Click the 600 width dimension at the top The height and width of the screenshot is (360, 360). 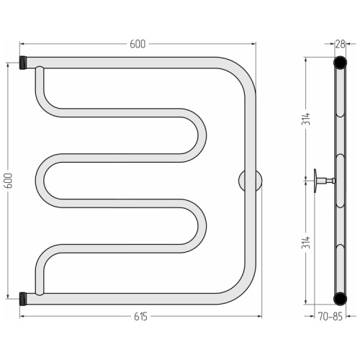[x=138, y=44]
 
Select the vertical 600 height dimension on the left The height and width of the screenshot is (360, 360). [x=9, y=181]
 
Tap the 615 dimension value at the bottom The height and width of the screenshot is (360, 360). [x=140, y=317]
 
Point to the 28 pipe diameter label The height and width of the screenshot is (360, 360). [x=340, y=44]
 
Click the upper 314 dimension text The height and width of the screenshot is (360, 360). [x=306, y=119]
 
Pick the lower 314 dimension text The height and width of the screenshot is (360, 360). [x=306, y=243]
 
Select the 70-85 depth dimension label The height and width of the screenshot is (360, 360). [x=330, y=317]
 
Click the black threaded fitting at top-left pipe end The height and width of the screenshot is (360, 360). [x=22, y=63]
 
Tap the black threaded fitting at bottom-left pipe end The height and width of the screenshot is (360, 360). [x=22, y=299]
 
